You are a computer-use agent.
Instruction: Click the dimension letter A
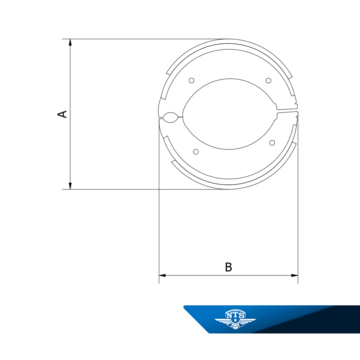click(62, 114)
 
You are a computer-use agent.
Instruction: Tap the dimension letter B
click(228, 267)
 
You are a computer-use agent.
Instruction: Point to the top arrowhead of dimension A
click(70, 42)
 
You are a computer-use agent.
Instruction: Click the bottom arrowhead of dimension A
click(70, 186)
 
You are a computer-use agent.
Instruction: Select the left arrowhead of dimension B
click(162, 275)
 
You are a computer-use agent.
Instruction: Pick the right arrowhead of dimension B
click(295, 275)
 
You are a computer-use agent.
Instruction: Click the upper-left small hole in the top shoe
click(191, 80)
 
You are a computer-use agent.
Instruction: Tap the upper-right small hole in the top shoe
click(268, 80)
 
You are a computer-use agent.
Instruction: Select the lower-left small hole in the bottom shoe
click(195, 151)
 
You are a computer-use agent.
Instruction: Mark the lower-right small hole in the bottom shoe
click(272, 142)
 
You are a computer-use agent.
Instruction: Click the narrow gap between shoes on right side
click(287, 112)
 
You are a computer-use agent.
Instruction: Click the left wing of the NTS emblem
click(223, 321)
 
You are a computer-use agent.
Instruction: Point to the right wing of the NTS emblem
click(247, 321)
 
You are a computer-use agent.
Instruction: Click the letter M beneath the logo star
click(235, 327)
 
